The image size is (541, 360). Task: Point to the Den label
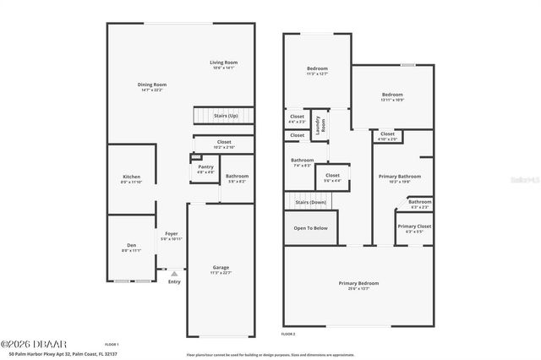click(x=132, y=247)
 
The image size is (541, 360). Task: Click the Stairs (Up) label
click(x=226, y=116)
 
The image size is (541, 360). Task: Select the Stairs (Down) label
click(x=310, y=203)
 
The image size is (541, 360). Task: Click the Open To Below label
click(x=310, y=228)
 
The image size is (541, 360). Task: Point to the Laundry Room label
click(x=320, y=125)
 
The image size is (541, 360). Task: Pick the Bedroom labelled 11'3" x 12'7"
click(x=316, y=70)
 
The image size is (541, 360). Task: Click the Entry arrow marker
click(x=174, y=273)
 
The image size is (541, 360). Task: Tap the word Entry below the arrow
click(x=174, y=281)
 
